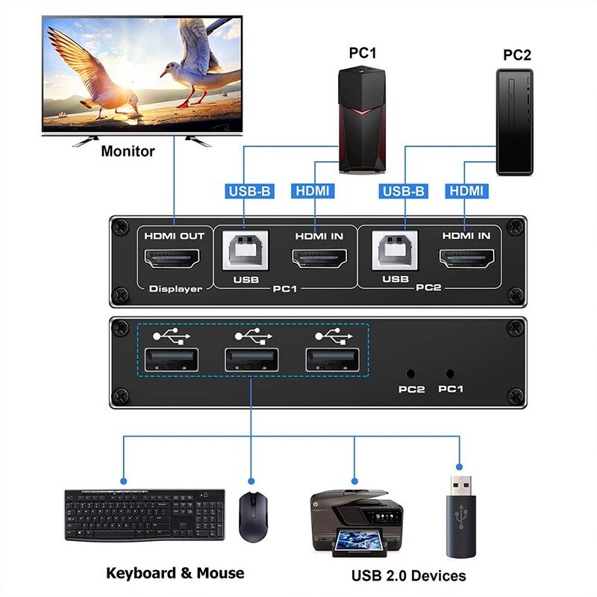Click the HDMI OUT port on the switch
174,260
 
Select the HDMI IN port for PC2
467,260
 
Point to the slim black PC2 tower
515,121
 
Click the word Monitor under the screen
128,151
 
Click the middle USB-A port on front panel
252,360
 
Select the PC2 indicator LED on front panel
410,372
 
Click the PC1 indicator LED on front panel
450,372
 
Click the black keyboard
145,515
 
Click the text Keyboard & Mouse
175,573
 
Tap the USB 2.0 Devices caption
408,575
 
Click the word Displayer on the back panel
175,289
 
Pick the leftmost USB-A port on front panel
171,360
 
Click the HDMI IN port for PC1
319,260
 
